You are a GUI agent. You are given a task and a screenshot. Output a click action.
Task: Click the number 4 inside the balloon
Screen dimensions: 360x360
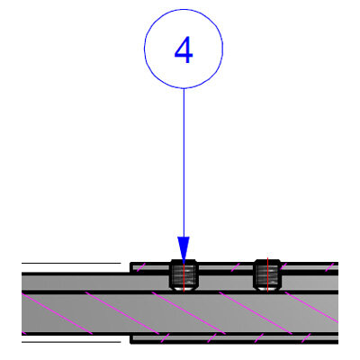[184, 50]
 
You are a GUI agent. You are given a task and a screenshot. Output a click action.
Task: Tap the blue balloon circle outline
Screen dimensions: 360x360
[144, 49]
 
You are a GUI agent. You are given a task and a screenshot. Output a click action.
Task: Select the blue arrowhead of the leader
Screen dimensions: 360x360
[184, 249]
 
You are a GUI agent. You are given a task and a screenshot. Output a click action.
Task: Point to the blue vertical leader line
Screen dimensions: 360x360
[184, 163]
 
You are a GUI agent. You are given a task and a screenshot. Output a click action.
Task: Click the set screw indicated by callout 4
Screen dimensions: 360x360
[184, 275]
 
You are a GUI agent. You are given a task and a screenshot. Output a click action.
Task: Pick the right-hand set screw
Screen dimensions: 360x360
[267, 275]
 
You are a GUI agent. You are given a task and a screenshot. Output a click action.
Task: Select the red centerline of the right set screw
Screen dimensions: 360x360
[267, 274]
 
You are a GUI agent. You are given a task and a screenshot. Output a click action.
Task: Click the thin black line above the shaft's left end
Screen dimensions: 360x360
[71, 263]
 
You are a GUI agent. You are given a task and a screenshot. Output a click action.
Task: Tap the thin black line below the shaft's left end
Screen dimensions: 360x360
[71, 342]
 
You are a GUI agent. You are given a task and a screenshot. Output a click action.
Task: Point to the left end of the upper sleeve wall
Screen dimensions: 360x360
[130, 266]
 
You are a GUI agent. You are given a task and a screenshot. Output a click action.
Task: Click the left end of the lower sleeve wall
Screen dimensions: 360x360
[130, 339]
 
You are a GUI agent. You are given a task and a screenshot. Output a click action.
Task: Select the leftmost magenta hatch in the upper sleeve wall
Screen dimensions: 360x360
[141, 267]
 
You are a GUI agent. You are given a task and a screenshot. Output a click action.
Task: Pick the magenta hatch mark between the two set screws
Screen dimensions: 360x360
[236, 267]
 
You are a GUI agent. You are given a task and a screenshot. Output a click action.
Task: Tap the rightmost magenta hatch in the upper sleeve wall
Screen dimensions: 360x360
[329, 267]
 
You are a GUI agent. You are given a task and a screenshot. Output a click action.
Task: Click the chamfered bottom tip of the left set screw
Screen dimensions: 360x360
[184, 290]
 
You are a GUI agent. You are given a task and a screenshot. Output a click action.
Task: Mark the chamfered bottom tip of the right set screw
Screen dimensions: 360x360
[267, 290]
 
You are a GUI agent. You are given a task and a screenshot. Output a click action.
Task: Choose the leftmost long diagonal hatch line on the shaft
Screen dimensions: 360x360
[57, 314]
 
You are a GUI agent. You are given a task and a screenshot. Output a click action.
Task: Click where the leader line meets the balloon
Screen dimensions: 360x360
[184, 88]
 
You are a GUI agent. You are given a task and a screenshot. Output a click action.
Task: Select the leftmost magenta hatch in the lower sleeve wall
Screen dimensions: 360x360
[166, 337]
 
